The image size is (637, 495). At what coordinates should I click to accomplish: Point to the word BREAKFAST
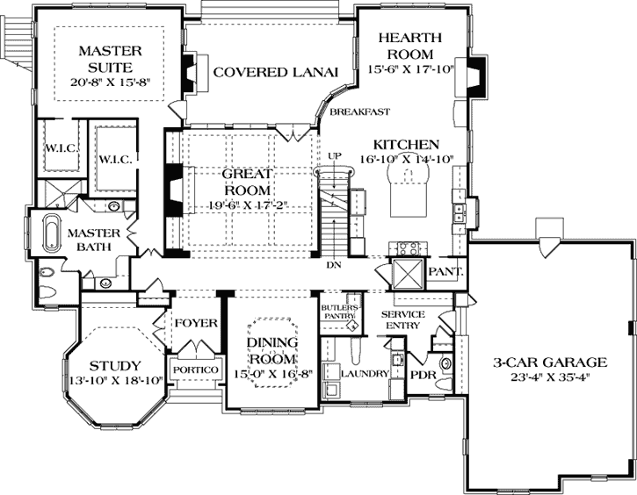(x=360, y=111)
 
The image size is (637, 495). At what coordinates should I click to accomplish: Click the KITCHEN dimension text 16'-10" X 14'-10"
(x=406, y=159)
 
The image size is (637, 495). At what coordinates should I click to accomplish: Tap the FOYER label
(x=195, y=323)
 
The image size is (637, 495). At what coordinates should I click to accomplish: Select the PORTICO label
(x=195, y=369)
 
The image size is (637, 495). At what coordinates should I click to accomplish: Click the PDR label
(x=423, y=374)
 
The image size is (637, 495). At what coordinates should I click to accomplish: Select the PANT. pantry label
(x=445, y=272)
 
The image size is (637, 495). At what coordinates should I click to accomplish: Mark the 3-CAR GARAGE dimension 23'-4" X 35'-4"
(x=550, y=377)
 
